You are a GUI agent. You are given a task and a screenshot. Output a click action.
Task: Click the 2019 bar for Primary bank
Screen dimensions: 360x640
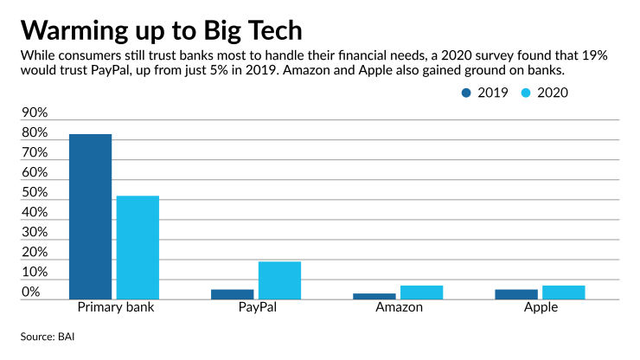click(x=90, y=216)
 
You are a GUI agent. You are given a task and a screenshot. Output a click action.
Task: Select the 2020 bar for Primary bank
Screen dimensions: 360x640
click(x=138, y=247)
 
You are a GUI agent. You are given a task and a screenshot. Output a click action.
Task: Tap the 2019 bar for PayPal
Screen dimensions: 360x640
click(x=232, y=294)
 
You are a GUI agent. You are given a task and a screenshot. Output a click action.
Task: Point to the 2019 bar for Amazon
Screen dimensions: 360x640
click(x=374, y=297)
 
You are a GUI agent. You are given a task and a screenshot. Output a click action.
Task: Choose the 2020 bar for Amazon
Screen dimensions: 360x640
click(x=421, y=292)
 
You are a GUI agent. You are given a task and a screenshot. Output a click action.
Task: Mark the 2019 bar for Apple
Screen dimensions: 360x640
click(x=516, y=294)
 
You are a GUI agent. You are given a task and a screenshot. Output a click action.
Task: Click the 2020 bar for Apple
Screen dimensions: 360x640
click(x=563, y=292)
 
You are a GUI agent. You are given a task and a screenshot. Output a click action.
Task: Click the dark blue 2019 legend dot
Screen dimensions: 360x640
click(x=467, y=93)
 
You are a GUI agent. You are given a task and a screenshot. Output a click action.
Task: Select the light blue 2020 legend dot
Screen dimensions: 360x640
click(x=526, y=93)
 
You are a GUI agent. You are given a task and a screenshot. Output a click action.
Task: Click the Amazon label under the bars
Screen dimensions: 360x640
click(x=398, y=308)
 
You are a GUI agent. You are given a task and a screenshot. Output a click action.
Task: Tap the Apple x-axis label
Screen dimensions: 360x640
click(x=540, y=308)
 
